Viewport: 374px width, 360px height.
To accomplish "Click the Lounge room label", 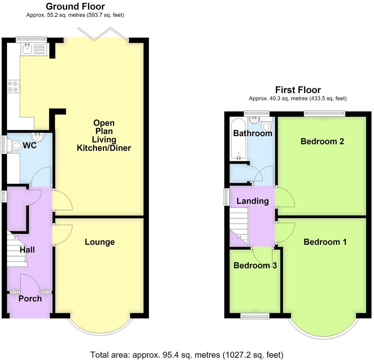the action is coord(100,242).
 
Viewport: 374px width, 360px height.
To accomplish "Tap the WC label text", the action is coord(30,145).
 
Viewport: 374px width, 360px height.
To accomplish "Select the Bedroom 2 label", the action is coord(322,141).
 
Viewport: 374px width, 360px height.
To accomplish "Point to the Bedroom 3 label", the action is coord(255,265).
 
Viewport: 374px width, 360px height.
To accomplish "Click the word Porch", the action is coord(30,298).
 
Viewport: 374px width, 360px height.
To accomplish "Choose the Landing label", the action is coord(252,201).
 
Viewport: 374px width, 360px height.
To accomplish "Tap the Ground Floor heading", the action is coord(75,6).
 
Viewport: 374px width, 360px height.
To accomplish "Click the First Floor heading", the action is coord(298,90).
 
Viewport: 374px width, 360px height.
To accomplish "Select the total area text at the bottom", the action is coord(187,355).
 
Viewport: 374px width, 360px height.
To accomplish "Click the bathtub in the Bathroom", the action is coord(239,139).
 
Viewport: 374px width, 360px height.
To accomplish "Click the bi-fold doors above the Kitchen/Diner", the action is coord(103,34).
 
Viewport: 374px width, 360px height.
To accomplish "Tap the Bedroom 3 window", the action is coord(255,316).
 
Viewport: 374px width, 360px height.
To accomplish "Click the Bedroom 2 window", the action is coord(325,114).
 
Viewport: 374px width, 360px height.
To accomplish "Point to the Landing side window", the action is coord(226,197).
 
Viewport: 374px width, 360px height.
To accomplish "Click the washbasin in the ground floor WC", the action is coord(38,137).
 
